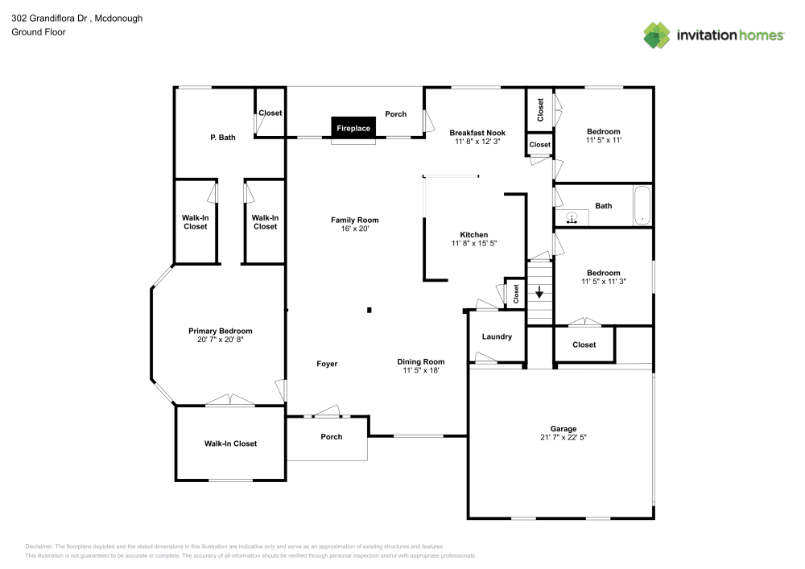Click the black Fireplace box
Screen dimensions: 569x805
tap(353, 129)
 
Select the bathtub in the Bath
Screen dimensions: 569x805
tap(642, 206)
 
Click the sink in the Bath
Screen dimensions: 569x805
tap(572, 216)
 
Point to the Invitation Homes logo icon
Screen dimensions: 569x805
tap(657, 35)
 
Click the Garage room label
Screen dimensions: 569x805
tap(563, 429)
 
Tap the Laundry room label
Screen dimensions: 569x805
tap(497, 336)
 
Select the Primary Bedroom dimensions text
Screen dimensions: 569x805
tap(221, 340)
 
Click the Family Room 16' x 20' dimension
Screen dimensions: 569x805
tap(354, 229)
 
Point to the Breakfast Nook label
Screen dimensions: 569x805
tap(477, 133)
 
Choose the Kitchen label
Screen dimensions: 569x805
tap(473, 235)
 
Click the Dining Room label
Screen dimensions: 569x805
tap(421, 361)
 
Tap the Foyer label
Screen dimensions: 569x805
tap(327, 364)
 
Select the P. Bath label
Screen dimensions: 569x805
tap(223, 138)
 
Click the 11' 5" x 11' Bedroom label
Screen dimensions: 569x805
tap(604, 132)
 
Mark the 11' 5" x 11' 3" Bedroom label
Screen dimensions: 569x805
tap(604, 273)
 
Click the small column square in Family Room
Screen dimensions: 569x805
tap(369, 309)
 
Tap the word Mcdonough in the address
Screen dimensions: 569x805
tap(118, 18)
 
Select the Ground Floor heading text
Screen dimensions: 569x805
tap(39, 32)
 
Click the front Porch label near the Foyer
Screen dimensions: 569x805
tap(332, 437)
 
